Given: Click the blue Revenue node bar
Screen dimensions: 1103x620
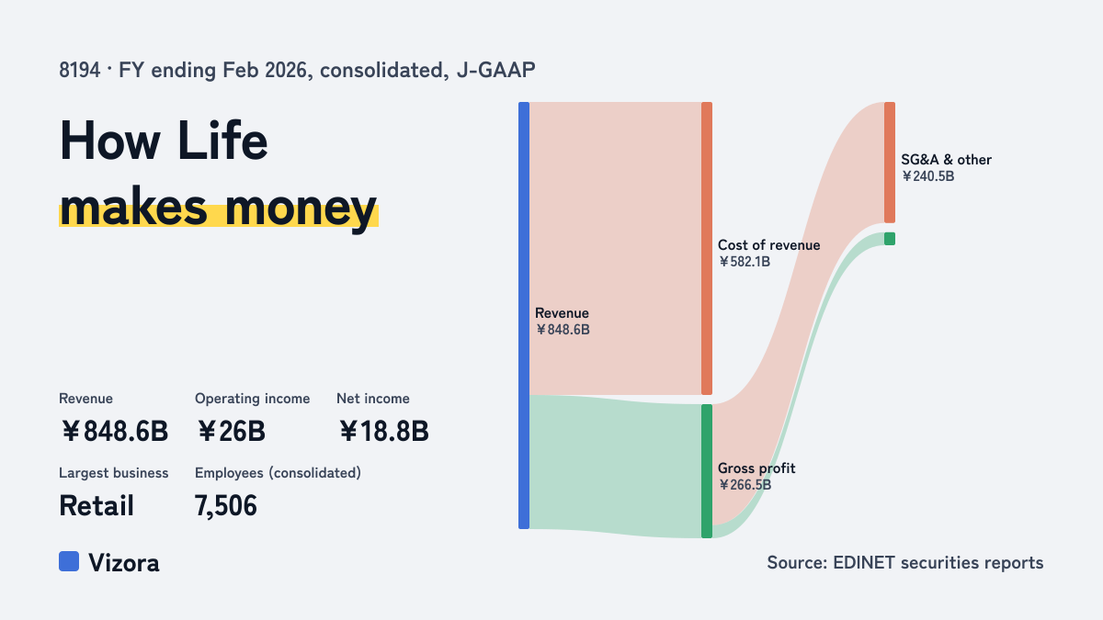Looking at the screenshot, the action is [524, 315].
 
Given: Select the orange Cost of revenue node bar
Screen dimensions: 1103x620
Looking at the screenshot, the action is [707, 249].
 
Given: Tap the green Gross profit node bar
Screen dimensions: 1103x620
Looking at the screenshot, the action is [707, 471].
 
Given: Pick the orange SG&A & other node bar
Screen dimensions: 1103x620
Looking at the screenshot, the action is [890, 163].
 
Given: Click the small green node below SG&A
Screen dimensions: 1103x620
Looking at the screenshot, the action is [890, 239].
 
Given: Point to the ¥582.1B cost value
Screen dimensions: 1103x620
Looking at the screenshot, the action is [744, 262].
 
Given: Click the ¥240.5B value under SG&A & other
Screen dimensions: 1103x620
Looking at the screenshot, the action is [927, 176].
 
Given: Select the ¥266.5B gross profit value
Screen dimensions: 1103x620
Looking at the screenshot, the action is [745, 485].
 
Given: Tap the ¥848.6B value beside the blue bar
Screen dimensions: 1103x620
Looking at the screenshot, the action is [563, 330].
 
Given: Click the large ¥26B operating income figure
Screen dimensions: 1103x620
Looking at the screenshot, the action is [231, 432].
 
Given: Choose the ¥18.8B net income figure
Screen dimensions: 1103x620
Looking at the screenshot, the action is [383, 432].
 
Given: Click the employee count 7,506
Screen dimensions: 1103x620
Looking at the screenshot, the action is [226, 506].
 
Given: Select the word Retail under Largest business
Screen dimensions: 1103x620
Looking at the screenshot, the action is [97, 506].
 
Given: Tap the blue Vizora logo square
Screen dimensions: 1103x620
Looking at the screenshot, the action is [69, 561].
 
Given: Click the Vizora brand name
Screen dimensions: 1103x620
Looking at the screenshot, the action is [124, 563].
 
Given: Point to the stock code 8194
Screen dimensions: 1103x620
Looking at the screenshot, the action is [79, 71].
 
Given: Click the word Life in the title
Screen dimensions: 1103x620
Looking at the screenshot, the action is [222, 141].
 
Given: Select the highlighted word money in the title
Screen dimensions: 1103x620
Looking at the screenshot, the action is [301, 208].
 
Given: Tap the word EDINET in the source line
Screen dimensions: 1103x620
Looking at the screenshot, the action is [864, 562].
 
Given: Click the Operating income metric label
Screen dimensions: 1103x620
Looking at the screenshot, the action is [252, 399].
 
